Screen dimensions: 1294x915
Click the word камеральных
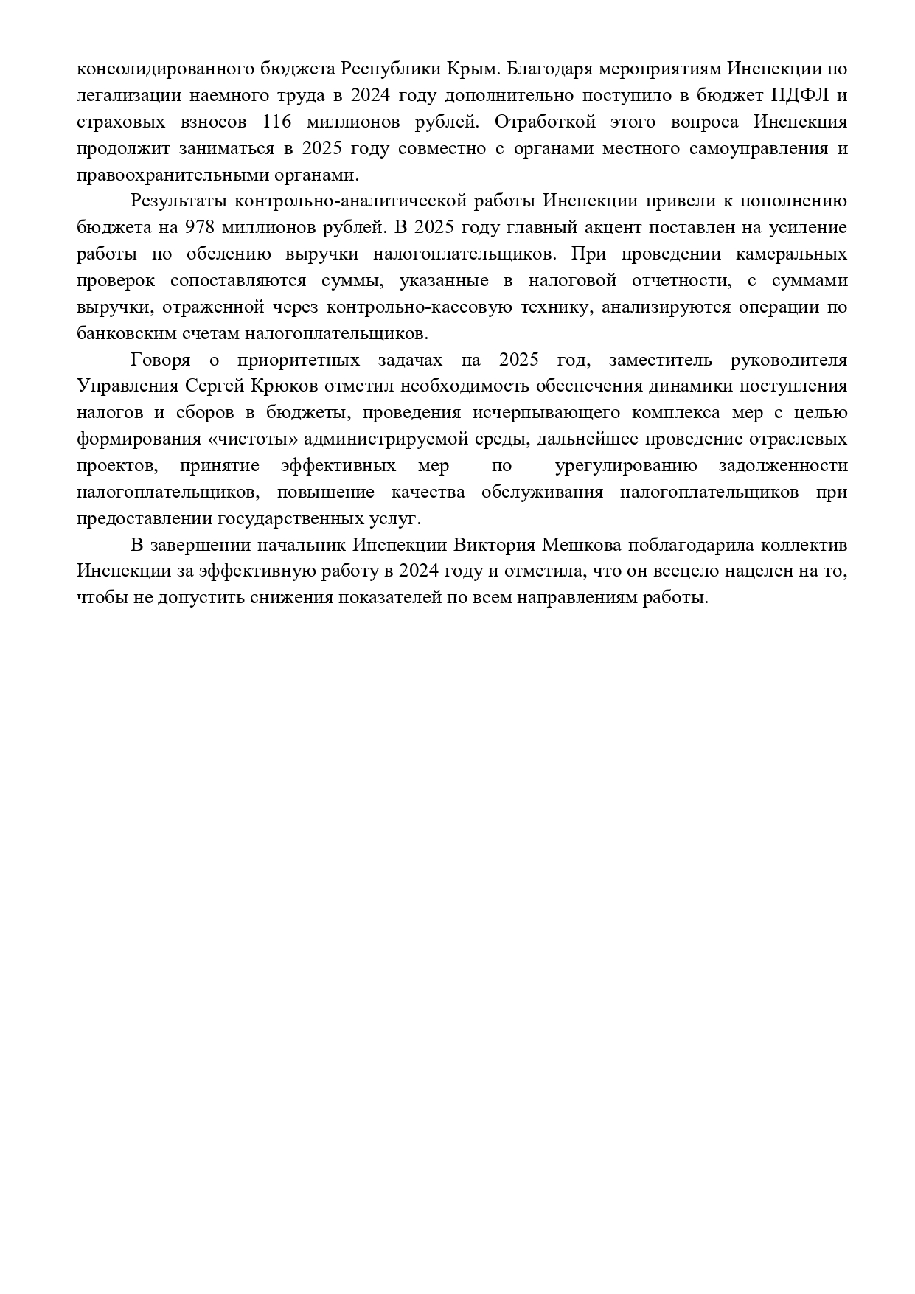coord(792,254)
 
